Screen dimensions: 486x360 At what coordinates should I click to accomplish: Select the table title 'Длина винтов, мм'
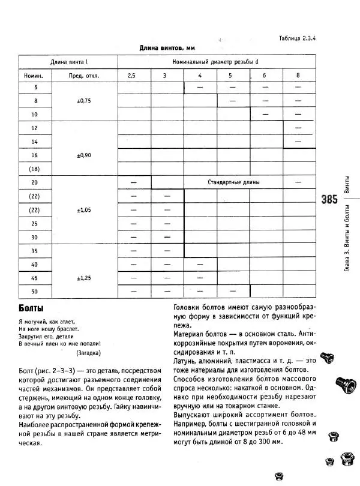pyautogui.click(x=168, y=47)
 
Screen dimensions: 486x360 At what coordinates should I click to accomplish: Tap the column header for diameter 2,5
pyautogui.click(x=131, y=76)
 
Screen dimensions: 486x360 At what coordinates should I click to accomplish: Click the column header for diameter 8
pyautogui.click(x=298, y=76)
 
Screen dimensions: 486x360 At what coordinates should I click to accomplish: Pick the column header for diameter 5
pyautogui.click(x=229, y=76)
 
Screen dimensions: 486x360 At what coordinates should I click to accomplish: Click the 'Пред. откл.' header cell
pyautogui.click(x=84, y=76)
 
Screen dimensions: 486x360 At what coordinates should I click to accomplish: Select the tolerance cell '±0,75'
pyautogui.click(x=84, y=101)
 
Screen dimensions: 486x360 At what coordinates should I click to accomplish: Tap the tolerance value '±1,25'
pyautogui.click(x=84, y=278)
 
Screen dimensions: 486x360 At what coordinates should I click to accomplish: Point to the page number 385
pyautogui.click(x=329, y=200)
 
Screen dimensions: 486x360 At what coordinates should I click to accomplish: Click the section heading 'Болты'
pyautogui.click(x=31, y=308)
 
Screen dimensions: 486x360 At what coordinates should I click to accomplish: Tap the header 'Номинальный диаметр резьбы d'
pyautogui.click(x=215, y=62)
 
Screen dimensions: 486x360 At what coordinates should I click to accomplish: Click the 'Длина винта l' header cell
pyautogui.click(x=68, y=62)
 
